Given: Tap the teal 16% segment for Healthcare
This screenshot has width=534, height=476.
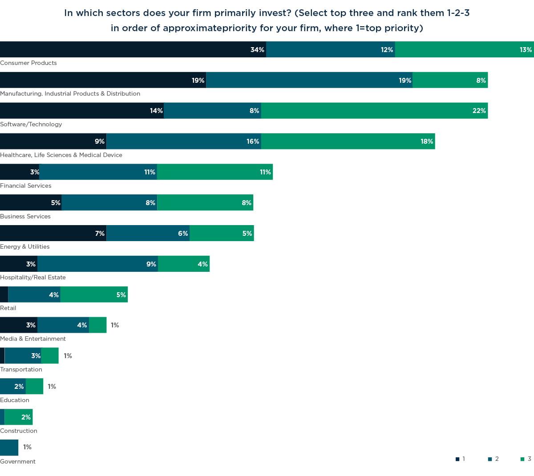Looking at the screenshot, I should pyautogui.click(x=183, y=141).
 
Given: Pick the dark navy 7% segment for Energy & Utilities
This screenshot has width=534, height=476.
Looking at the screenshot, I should pyautogui.click(x=53, y=233).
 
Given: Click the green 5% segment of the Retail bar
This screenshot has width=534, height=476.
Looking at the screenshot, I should pyautogui.click(x=94, y=294).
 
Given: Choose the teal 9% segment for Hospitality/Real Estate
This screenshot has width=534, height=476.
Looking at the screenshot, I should pyautogui.click(x=97, y=264).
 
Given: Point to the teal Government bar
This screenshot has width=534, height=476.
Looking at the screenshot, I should pyautogui.click(x=9, y=448).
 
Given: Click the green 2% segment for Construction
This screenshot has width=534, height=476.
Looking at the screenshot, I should pyautogui.click(x=18, y=417).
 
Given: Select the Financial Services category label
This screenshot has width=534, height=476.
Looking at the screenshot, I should pyautogui.click(x=26, y=186).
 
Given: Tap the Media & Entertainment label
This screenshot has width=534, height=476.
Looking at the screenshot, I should pyautogui.click(x=33, y=339).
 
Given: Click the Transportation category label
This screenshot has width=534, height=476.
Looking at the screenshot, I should pyautogui.click(x=21, y=369).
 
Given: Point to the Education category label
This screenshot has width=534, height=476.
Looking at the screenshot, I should pyautogui.click(x=15, y=400).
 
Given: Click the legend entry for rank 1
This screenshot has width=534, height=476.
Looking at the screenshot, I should pyautogui.click(x=461, y=459).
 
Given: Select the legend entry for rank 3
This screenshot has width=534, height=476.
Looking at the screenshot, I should pyautogui.click(x=526, y=459).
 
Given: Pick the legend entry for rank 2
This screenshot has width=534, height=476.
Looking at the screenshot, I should pyautogui.click(x=494, y=459).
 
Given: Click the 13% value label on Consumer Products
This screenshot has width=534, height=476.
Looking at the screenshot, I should pyautogui.click(x=526, y=50).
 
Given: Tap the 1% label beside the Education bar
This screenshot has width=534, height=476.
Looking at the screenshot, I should pyautogui.click(x=52, y=387).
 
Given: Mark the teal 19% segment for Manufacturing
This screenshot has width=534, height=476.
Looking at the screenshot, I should pyautogui.click(x=309, y=80).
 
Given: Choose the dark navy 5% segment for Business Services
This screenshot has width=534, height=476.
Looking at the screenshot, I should pyautogui.click(x=31, y=202).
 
